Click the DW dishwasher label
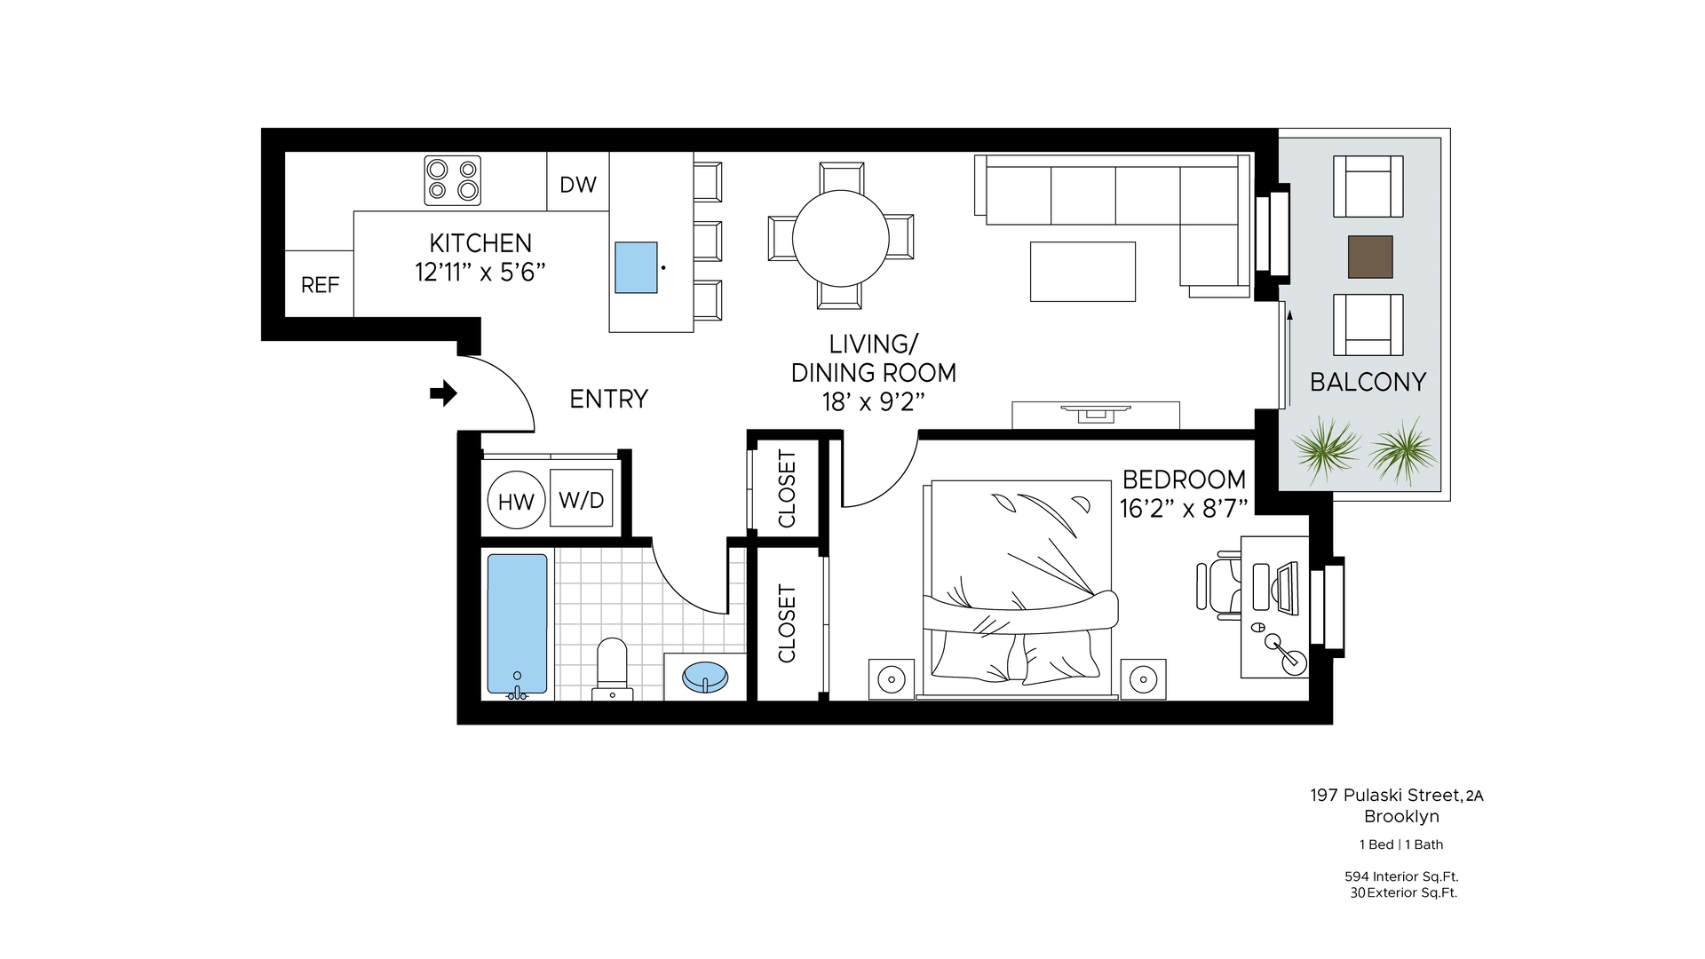pyautogui.click(x=577, y=185)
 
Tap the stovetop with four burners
pyautogui.click(x=452, y=180)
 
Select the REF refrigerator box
pyautogui.click(x=320, y=284)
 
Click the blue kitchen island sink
pyautogui.click(x=637, y=267)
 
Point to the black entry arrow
pyautogui.click(x=443, y=392)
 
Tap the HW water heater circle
pyautogui.click(x=515, y=502)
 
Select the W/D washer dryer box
pyautogui.click(x=582, y=499)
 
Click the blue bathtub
pyautogui.click(x=516, y=624)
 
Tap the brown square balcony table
pyautogui.click(x=1370, y=257)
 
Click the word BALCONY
pyautogui.click(x=1368, y=382)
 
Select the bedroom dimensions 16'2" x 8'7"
pyautogui.click(x=1184, y=508)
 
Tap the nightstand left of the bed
pyautogui.click(x=891, y=679)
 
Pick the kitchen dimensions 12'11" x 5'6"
pyautogui.click(x=480, y=271)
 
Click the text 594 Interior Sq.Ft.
pyautogui.click(x=1401, y=876)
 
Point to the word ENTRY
pyautogui.click(x=608, y=399)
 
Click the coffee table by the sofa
pyautogui.click(x=1082, y=272)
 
